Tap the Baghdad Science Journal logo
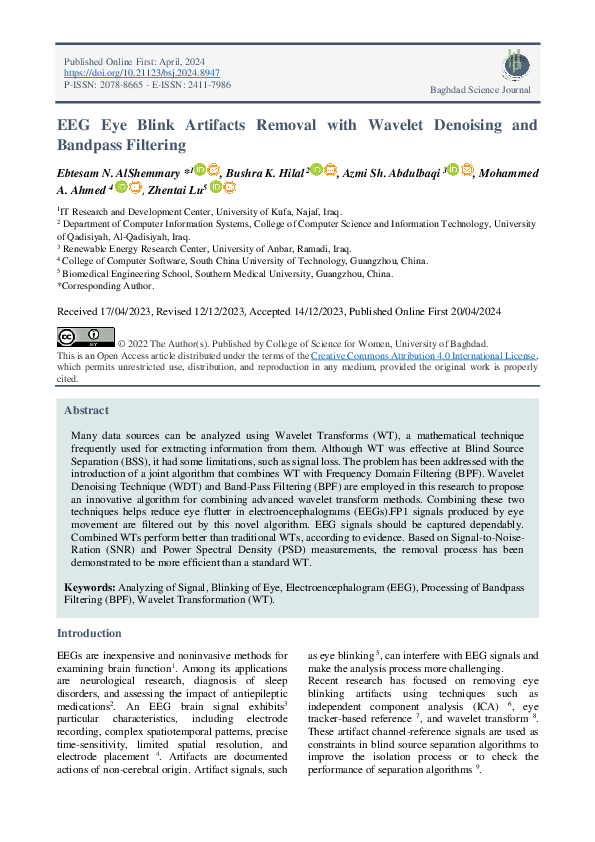516,66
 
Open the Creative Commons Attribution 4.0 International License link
424,356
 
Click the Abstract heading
87,410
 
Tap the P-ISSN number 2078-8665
118,86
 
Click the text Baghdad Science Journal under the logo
480,90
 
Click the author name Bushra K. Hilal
263,173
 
